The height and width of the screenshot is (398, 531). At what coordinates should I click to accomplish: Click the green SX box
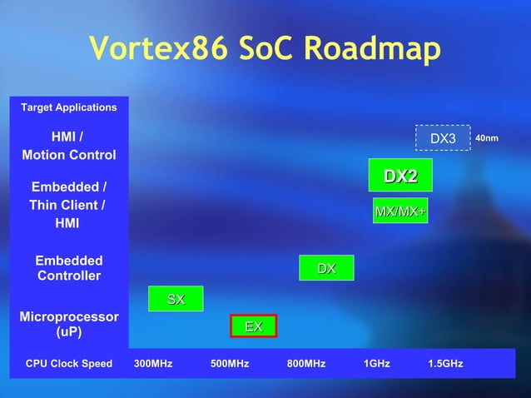click(175, 299)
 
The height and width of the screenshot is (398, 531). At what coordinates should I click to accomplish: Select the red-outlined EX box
click(253, 327)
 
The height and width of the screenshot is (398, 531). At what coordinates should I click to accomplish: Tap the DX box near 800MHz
click(326, 268)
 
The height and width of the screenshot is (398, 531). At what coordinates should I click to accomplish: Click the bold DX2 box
click(400, 177)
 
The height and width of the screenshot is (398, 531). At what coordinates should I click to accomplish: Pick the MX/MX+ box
click(400, 211)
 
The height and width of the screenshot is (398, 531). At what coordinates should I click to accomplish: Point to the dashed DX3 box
click(443, 137)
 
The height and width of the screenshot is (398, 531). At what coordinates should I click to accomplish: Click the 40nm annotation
click(486, 137)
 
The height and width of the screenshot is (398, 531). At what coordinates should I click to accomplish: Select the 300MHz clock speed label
click(153, 364)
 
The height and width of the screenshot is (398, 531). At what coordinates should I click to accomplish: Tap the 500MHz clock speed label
click(230, 364)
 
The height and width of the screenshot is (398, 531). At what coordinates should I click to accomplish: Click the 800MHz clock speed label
click(305, 364)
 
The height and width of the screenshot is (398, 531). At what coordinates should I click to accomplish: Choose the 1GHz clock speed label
click(376, 364)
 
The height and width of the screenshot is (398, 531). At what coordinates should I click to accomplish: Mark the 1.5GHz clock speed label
click(445, 364)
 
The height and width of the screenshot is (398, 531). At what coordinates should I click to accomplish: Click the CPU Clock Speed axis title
click(69, 364)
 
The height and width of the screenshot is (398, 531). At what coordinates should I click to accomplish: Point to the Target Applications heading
click(69, 107)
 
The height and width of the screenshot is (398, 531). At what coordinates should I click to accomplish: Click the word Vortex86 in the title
click(156, 49)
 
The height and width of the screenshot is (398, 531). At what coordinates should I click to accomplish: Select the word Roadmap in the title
click(371, 49)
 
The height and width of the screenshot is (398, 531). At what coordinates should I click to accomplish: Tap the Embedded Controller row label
click(69, 268)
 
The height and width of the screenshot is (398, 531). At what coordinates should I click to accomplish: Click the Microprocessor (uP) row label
click(69, 324)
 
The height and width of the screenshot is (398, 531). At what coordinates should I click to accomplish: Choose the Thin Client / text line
click(67, 205)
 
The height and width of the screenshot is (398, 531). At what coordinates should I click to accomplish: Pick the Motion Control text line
click(69, 155)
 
